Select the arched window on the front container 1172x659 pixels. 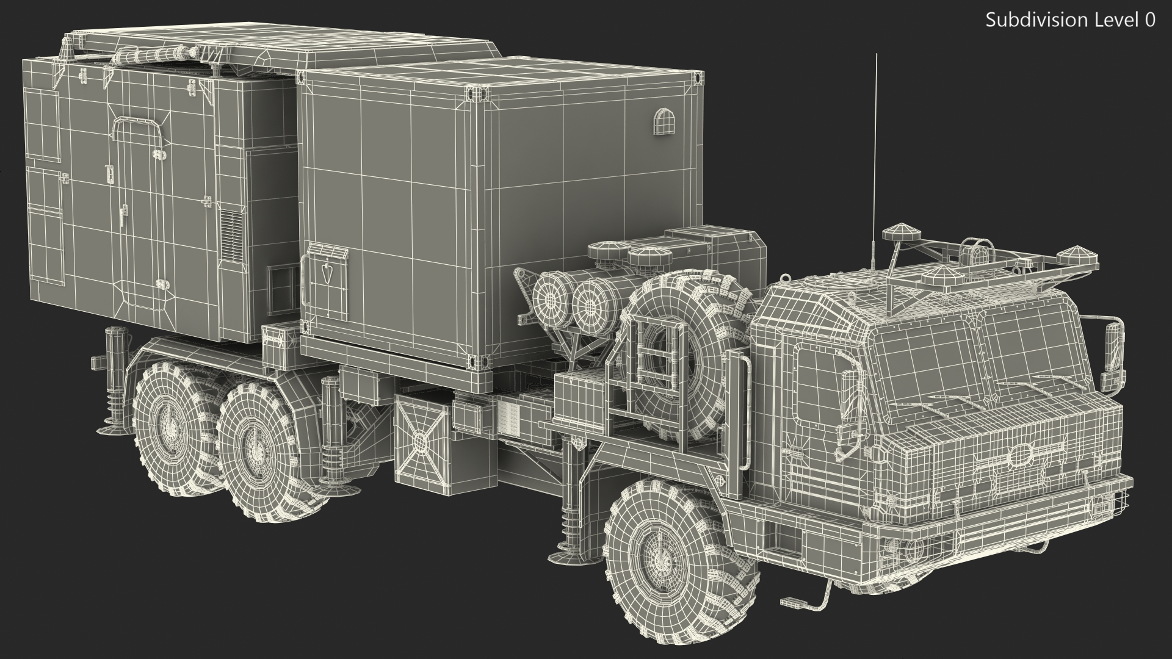pyautogui.click(x=662, y=122)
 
